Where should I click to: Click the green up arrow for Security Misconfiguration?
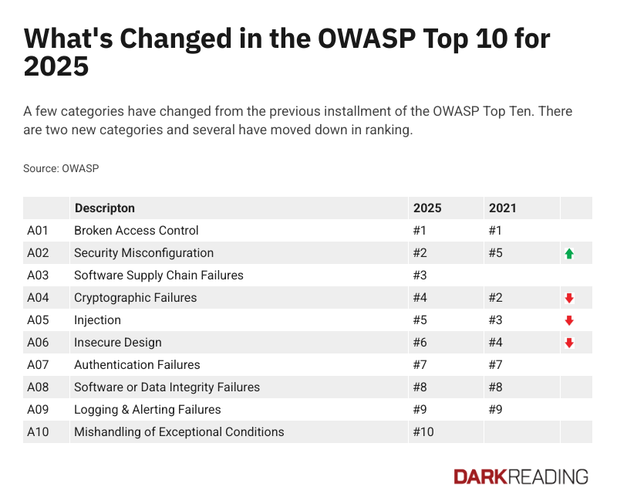(569, 253)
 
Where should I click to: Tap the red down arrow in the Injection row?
(569, 320)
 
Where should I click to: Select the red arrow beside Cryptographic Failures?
(569, 298)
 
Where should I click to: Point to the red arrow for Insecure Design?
(569, 343)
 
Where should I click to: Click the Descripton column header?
(104, 208)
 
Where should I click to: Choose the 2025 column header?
(427, 208)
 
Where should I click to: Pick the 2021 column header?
(502, 208)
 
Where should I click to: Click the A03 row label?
(38, 276)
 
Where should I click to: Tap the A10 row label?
(38, 432)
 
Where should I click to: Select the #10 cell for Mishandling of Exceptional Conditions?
(423, 432)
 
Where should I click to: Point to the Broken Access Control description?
(136, 231)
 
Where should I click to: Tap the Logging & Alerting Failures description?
(147, 410)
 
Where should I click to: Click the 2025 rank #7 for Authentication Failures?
(421, 365)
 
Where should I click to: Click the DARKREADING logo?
(521, 476)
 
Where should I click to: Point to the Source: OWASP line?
(61, 168)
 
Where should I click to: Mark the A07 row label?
(38, 365)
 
